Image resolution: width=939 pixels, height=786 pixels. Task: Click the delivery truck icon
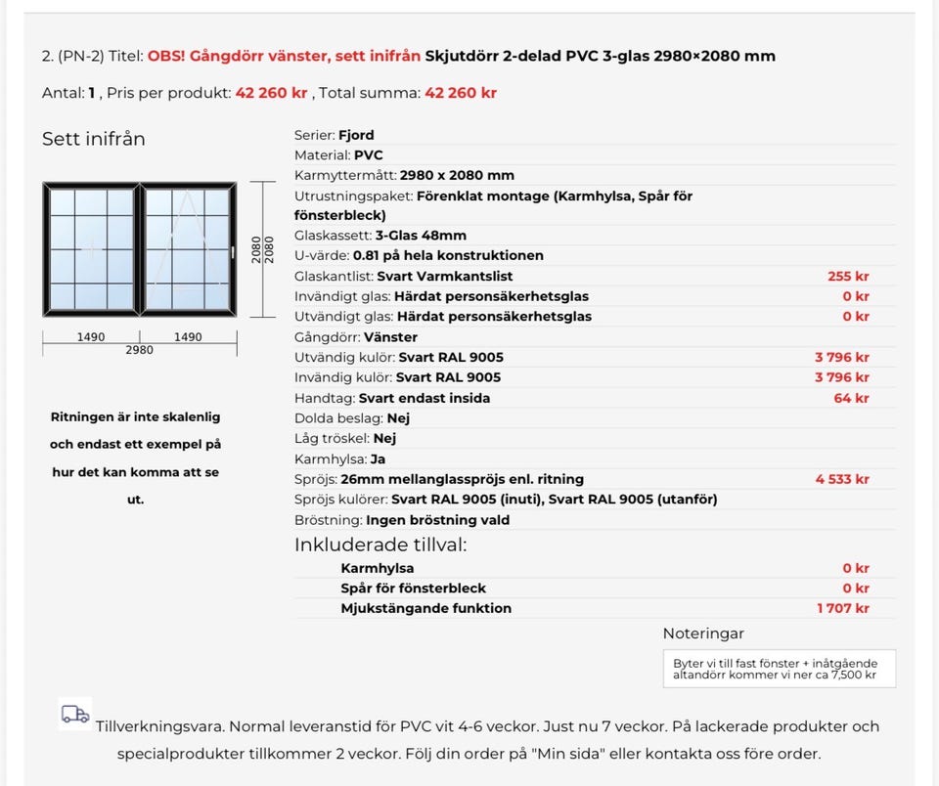point(74,714)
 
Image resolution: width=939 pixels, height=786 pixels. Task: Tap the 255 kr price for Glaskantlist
point(848,277)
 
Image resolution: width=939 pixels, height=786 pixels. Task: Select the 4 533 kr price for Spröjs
point(842,479)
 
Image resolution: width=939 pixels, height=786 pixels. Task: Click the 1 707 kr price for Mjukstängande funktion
point(843,608)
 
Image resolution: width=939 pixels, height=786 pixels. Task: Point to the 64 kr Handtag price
point(851,398)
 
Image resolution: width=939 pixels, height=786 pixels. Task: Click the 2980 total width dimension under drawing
point(139,350)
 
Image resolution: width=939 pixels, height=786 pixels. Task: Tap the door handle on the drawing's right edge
point(234,252)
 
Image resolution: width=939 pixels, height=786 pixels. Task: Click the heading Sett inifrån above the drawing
point(93,139)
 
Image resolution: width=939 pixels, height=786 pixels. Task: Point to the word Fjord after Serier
point(356,135)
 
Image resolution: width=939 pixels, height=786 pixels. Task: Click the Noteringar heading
point(703,633)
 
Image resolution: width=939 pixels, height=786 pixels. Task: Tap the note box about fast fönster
point(779,669)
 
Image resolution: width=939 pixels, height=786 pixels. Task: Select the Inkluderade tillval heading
point(380,545)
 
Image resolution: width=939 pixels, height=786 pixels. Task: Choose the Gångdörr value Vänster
point(390,337)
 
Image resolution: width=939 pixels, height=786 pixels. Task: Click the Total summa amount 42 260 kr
point(460,94)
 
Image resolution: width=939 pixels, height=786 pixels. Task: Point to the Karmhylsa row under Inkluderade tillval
point(378,568)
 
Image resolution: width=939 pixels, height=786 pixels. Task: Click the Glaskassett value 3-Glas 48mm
point(421,236)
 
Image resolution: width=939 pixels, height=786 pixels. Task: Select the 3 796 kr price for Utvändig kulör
point(842,357)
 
